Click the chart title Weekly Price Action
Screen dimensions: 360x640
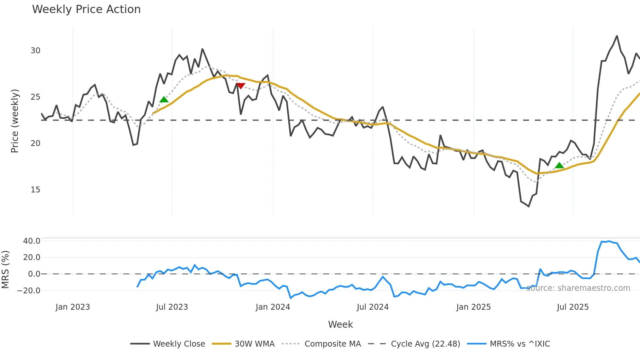click(x=86, y=9)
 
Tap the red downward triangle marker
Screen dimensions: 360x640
click(x=240, y=86)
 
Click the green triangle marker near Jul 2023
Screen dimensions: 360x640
click(x=164, y=99)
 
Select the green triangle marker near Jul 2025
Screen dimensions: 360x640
click(x=559, y=165)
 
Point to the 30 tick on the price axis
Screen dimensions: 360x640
click(x=36, y=51)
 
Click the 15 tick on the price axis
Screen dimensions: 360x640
click(x=36, y=190)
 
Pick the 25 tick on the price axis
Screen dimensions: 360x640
click(x=36, y=97)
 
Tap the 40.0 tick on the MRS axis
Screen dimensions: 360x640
click(x=32, y=241)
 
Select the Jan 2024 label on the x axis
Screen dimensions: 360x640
click(x=273, y=307)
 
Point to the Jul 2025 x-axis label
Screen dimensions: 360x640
click(x=573, y=307)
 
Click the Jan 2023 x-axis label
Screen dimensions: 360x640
click(x=72, y=307)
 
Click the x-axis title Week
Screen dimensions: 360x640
click(x=340, y=324)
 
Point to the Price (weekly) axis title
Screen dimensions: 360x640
click(x=15, y=121)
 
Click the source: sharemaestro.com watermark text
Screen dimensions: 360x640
click(x=578, y=288)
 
